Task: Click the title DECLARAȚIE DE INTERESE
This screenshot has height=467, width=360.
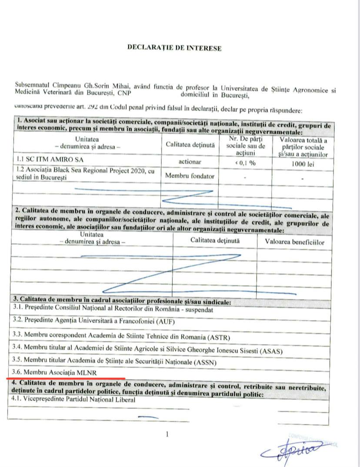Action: coord(174,48)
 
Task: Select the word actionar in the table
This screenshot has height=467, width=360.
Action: coord(190,162)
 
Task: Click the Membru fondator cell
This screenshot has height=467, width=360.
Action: coord(189,176)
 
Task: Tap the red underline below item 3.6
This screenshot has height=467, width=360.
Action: coord(65,378)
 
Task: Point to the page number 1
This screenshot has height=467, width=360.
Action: coord(167,434)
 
